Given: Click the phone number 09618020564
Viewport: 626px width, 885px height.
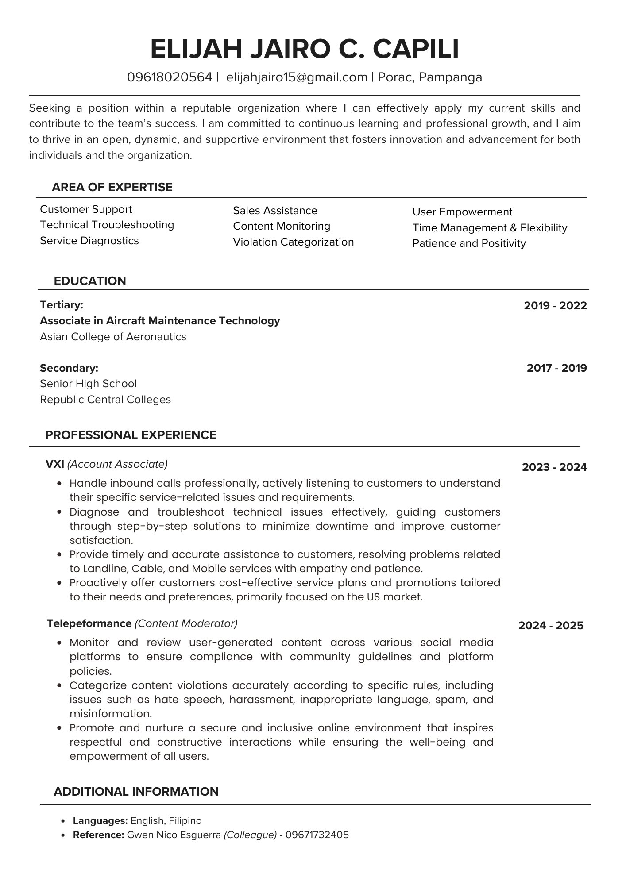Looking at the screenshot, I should point(170,77).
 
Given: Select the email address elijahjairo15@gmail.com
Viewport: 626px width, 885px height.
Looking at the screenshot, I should point(297,77).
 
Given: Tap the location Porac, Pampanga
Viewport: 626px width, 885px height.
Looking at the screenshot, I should point(430,77).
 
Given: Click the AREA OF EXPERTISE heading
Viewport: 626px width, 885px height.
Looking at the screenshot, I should point(112,187).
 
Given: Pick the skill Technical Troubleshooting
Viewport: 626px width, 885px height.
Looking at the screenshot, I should point(107,225).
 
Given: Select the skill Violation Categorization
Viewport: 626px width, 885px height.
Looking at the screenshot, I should point(293,242).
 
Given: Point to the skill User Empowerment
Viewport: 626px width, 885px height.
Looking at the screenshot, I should point(462,212).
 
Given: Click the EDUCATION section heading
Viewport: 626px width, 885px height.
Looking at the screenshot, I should point(90,281).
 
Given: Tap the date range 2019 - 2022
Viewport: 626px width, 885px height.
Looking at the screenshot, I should point(555,306).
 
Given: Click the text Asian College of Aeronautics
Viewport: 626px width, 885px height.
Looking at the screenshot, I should point(113,337).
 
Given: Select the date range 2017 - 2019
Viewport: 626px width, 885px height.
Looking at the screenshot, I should point(556,368).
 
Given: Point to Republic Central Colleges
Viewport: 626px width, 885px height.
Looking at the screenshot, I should point(105,400).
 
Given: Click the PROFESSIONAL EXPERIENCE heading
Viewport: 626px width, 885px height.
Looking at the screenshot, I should point(131,435).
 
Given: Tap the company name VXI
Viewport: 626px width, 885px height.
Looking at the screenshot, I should point(55,464).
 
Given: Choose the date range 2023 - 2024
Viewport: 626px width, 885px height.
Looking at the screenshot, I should point(554,467).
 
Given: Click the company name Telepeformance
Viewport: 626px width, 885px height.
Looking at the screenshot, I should point(89,623).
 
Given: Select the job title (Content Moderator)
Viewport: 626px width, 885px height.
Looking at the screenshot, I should point(186,623).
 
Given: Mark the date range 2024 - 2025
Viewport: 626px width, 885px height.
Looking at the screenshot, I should point(551,626).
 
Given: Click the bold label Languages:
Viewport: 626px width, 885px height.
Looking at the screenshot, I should point(100,821).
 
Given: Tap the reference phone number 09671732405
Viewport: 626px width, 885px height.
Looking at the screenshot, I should point(317,835).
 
